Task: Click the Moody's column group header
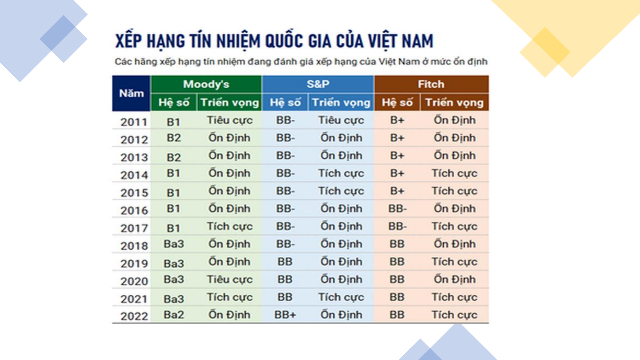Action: coord(206,84)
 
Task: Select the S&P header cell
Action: coord(318,84)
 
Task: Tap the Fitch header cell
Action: coord(431,84)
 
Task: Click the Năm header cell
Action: coord(131,93)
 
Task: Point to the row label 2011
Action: coord(134,122)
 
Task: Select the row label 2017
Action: coord(134,228)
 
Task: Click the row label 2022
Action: coord(134,316)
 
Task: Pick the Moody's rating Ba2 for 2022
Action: coord(174,315)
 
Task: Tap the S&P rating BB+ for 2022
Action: coord(285,315)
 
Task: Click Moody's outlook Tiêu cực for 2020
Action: coord(230,279)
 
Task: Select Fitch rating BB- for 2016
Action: coord(397,209)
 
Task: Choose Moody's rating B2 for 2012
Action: coord(174,138)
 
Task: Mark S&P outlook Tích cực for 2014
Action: coord(341,173)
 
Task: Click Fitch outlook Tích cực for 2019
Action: coord(454,262)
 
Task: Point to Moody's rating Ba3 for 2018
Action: coord(174,244)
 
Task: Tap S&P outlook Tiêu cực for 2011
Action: coord(341,120)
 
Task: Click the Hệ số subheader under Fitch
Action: coord(397,103)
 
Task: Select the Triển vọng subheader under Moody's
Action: coord(230,103)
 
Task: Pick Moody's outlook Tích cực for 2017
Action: coord(230,226)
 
